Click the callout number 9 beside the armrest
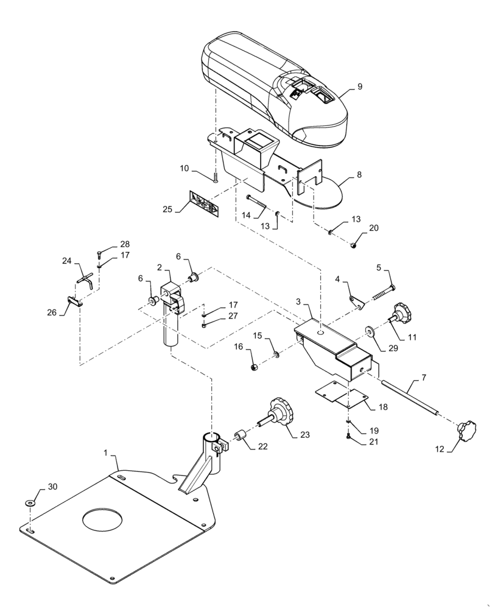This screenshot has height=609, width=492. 359,86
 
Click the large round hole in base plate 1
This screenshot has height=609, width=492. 103,518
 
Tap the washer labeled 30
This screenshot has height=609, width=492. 30,504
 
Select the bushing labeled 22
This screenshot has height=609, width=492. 240,437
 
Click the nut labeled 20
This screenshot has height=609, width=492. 353,245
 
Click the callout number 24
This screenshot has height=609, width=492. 67,261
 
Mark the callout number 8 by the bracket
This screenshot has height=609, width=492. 359,175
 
